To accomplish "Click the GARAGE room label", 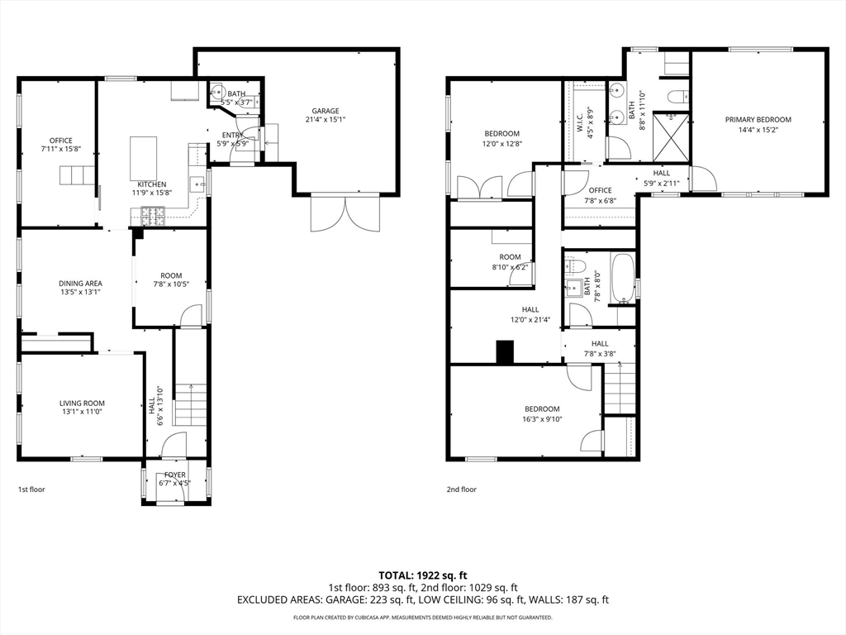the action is (326, 112).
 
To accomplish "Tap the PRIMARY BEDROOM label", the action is (758, 120).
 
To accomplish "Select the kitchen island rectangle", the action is (144, 158).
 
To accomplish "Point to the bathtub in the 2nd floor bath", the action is (622, 279).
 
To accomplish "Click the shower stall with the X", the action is (671, 136).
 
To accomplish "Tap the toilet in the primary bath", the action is (678, 98).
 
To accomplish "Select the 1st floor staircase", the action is (190, 404).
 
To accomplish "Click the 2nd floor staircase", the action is (620, 389).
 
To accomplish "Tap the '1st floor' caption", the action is (32, 489).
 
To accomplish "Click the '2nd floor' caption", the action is (461, 489).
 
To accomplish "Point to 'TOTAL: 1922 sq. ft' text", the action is (422, 575).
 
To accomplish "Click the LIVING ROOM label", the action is (82, 403).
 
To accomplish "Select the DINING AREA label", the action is (80, 284).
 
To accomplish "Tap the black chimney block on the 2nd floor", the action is (505, 351).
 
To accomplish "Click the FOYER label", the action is (175, 475).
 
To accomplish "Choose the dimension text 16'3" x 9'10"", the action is (542, 418).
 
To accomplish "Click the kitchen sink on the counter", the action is (197, 184).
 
